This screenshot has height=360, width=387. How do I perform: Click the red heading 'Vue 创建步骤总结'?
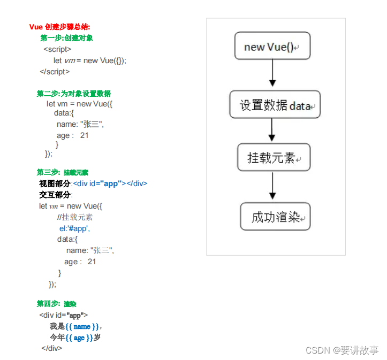click(59, 27)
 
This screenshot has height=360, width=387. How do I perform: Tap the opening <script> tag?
click(57, 49)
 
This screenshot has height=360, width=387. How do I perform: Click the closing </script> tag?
click(55, 72)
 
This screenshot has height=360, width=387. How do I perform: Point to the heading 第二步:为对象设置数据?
click(73, 94)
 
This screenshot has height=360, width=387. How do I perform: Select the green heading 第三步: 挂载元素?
click(62, 172)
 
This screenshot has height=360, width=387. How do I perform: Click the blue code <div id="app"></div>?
click(110, 183)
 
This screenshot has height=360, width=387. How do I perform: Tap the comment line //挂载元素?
click(74, 217)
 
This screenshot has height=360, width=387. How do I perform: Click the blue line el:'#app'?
click(74, 228)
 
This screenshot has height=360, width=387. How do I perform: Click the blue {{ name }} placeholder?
click(82, 326)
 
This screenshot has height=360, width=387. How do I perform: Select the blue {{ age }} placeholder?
click(79, 338)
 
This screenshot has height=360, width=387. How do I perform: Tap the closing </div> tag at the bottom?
click(51, 348)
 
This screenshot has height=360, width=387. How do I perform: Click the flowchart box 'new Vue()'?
click(272, 47)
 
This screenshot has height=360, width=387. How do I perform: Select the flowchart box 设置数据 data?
click(275, 105)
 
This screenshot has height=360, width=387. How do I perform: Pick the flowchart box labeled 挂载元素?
click(274, 158)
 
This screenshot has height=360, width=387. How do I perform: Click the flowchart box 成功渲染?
click(275, 217)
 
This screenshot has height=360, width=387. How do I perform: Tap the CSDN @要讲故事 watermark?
click(342, 350)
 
